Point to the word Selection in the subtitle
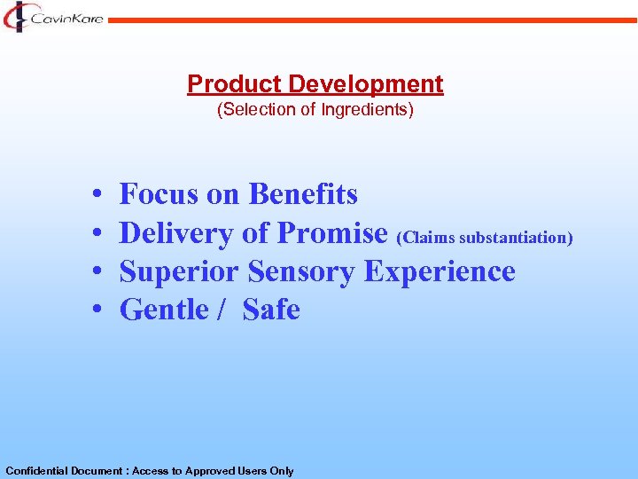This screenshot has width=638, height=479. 250,111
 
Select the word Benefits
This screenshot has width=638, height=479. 303,193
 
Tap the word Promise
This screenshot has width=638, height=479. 332,232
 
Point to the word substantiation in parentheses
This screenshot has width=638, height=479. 516,238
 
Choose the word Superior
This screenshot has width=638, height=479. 179,271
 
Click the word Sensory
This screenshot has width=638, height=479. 302,271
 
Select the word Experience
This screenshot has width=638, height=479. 440,271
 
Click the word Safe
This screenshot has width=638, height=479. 271,310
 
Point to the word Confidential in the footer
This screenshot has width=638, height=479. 36,471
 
